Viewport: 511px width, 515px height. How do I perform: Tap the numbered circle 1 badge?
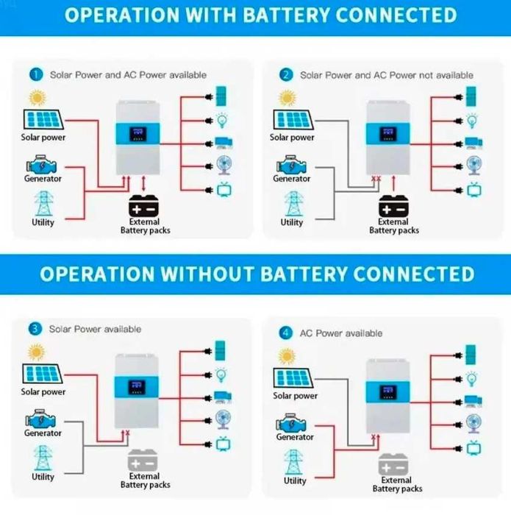35,74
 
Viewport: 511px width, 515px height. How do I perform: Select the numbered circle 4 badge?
286,333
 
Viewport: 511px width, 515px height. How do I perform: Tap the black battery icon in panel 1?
145,205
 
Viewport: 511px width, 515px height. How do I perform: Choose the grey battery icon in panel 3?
144,461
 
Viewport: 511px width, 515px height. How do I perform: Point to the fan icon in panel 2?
472,165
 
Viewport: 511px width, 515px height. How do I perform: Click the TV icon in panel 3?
222,444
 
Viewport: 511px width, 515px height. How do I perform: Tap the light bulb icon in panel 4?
472,377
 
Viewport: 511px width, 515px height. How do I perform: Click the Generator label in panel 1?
43,179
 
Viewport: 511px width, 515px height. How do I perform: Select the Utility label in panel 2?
292,222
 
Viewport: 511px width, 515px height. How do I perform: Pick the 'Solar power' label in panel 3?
43,392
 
